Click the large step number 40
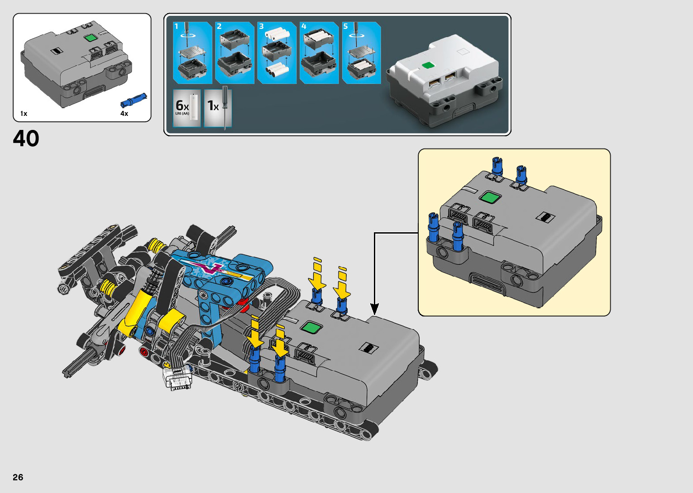click(x=26, y=139)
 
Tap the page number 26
click(x=18, y=477)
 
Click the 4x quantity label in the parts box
click(x=124, y=114)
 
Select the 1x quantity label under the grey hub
click(x=24, y=114)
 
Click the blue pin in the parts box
click(x=134, y=100)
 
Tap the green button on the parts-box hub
click(x=91, y=38)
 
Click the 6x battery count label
click(x=182, y=105)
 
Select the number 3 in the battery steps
click(x=262, y=26)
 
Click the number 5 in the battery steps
click(x=345, y=26)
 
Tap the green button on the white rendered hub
click(x=428, y=65)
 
